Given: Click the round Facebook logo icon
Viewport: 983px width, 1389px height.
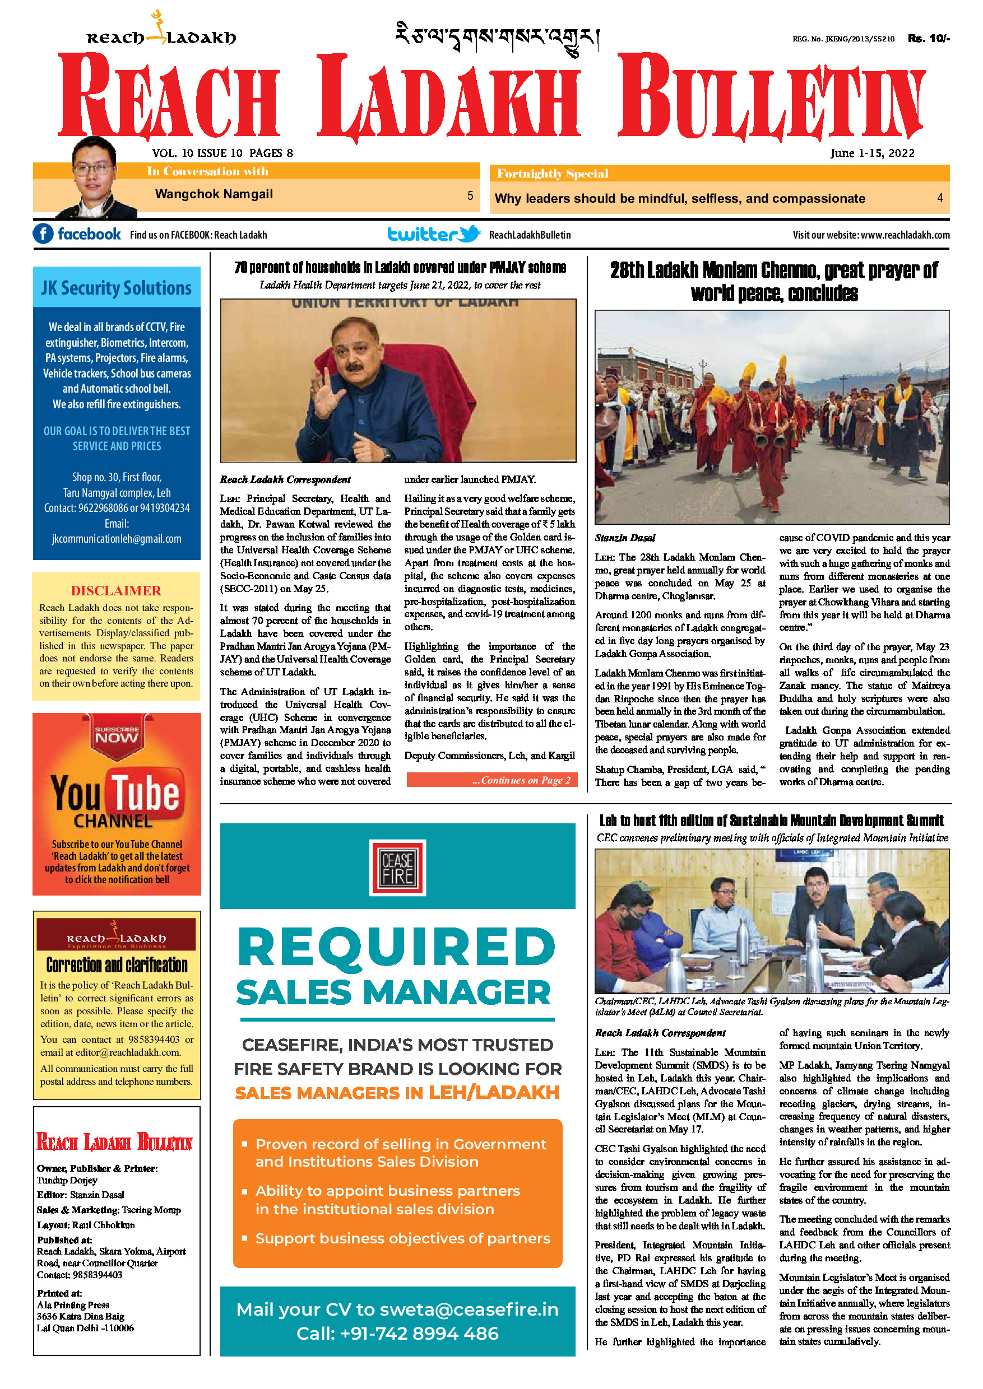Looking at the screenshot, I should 43,234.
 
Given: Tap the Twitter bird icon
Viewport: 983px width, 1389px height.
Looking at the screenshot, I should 469,234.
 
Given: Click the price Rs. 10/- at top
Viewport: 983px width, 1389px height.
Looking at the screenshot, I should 929,39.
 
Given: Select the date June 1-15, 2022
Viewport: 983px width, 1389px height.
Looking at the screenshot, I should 871,153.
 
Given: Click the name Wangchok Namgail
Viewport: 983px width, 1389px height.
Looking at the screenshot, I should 214,194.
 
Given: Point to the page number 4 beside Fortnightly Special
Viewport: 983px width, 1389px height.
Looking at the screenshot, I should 939,198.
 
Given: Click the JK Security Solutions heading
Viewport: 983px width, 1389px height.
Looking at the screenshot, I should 116,288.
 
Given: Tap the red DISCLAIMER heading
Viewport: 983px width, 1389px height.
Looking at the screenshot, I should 116,590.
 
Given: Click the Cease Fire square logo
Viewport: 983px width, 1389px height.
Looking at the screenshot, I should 398,868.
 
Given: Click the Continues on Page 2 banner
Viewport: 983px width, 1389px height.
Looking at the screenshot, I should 492,780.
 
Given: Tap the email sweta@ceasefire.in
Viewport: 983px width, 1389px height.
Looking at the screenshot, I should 469,1309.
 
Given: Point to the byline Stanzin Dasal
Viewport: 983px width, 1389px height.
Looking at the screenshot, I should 625,538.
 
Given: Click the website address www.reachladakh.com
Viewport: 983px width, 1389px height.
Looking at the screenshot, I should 905,235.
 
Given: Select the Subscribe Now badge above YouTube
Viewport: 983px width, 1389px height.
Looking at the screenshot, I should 116,734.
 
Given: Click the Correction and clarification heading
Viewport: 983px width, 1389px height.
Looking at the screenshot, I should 117,965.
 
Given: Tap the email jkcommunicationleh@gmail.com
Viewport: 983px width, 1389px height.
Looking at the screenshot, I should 116,538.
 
